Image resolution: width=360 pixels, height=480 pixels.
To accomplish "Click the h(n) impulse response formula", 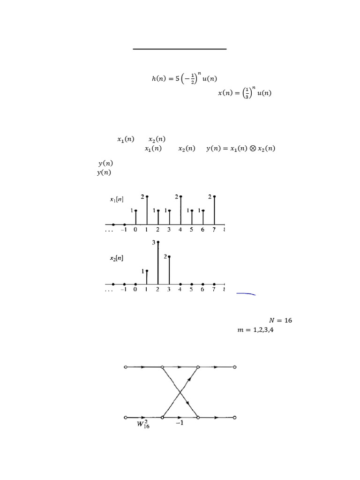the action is (x=184, y=78).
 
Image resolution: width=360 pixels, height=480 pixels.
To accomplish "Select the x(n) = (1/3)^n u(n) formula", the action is (x=245, y=92).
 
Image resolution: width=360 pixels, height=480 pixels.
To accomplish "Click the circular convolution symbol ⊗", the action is (x=253, y=149).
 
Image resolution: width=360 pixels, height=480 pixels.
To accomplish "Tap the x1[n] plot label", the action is (x=117, y=199).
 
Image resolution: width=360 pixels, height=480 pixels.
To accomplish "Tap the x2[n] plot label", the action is (x=117, y=258).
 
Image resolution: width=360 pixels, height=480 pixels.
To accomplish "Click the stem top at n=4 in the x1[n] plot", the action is (x=180, y=196).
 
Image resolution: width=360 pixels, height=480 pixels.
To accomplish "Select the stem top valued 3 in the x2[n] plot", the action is (x=158, y=242).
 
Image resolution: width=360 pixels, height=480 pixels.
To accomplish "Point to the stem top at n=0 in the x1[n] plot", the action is (x=135, y=210).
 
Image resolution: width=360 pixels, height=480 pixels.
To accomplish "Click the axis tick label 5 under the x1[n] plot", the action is (x=191, y=230).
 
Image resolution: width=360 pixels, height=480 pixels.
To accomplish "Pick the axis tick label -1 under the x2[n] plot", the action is (x=124, y=289).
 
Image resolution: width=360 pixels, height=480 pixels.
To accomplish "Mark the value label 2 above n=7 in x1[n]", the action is (x=210, y=197).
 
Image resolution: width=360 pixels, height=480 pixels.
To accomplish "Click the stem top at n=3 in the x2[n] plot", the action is (x=169, y=257).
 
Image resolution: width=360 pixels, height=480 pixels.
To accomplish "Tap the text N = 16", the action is (x=280, y=320).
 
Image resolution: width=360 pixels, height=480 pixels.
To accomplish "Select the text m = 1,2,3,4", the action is (x=255, y=330).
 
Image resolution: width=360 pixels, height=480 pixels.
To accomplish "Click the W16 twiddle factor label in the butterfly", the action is (x=143, y=424).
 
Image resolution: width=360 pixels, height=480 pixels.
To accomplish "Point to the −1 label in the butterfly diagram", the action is (x=180, y=423).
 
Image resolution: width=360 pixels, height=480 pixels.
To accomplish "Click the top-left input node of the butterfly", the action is (x=126, y=367).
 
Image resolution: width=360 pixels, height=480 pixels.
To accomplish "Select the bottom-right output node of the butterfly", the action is (x=235, y=418).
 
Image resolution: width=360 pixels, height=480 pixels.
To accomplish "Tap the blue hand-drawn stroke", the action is (x=246, y=293).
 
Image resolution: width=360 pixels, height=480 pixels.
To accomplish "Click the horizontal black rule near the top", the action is (x=180, y=49).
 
